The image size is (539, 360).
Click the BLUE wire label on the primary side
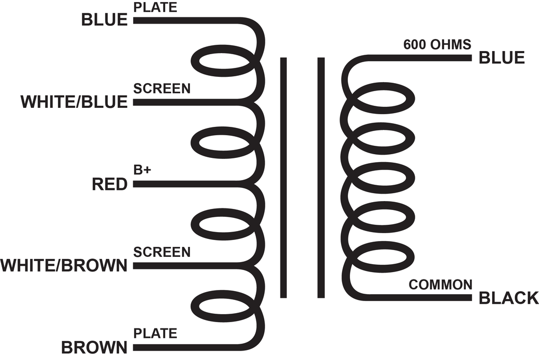(104, 20)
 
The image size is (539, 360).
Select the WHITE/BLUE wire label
(74, 102)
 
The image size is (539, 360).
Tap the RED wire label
(109, 184)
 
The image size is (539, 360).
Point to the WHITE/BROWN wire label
(64, 266)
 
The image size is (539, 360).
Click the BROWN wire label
(94, 347)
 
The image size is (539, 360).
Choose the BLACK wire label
(509, 298)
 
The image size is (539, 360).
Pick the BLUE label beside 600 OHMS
(502, 57)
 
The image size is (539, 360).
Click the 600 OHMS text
(437, 45)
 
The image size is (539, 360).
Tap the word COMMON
(441, 285)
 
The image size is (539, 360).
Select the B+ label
(142, 170)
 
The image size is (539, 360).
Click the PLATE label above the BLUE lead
(155, 7)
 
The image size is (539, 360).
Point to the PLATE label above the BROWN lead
(155, 333)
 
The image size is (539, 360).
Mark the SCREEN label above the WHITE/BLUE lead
(162, 89)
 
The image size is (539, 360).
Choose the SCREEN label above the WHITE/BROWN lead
(162, 252)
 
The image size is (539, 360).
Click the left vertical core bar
(284, 177)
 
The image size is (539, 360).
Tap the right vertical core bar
(321, 177)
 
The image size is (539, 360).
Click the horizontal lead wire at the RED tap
(193, 184)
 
